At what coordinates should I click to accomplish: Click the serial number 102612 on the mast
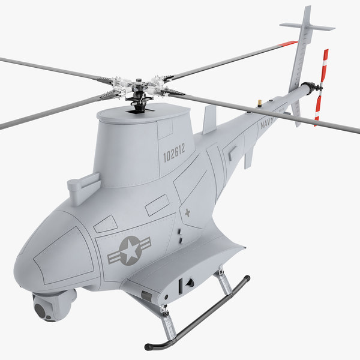click(x=174, y=153)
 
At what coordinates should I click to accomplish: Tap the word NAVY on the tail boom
click(x=268, y=123)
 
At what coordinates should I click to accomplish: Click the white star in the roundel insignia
click(x=131, y=250)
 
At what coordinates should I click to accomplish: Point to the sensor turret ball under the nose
click(x=50, y=307)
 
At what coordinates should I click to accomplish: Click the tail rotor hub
click(x=320, y=88)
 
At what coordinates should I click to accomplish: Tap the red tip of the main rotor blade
click(x=288, y=43)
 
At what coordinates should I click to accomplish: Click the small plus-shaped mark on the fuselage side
click(x=188, y=213)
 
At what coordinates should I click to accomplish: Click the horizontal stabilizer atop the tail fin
click(x=307, y=26)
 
